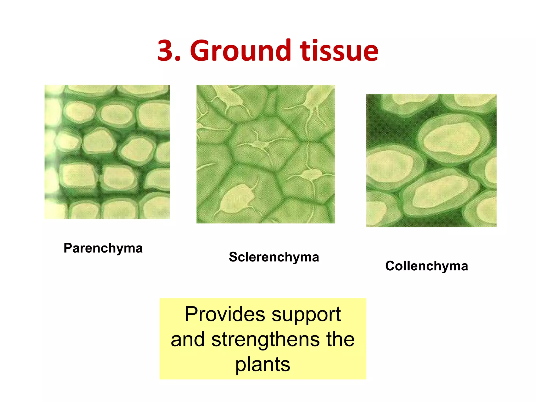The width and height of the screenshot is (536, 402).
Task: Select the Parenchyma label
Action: coord(103,248)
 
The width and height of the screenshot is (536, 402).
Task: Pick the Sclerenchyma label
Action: coord(274,257)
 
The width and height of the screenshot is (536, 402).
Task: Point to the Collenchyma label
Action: coord(427,266)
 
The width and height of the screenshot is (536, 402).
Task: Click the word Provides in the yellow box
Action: coord(225,314)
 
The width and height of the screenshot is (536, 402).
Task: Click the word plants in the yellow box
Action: coord(263,365)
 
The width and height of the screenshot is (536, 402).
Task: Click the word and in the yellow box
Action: coord(187,339)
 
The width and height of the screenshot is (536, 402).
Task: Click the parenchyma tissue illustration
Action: coord(107,152)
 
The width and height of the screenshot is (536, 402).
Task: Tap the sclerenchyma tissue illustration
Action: coord(266,154)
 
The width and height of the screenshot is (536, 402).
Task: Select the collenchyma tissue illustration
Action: coord(431,160)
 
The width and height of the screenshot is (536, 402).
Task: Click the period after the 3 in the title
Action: coord(178,59)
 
